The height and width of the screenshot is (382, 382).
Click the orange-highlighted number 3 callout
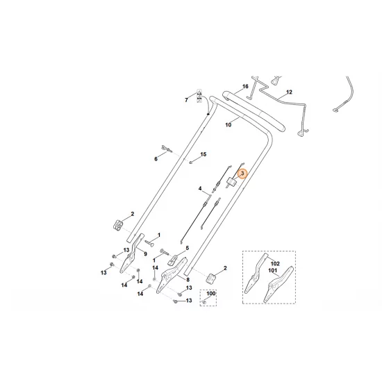[x=242, y=174]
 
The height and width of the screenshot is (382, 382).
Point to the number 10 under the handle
[x=229, y=126]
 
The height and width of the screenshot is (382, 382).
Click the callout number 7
[x=186, y=100]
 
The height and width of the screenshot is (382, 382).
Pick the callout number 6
[x=156, y=159]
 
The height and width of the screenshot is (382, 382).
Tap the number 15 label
[x=204, y=154]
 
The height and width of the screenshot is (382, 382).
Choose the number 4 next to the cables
[x=200, y=189]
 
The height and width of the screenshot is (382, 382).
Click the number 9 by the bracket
[x=145, y=255]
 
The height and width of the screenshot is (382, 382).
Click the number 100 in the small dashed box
[x=211, y=294]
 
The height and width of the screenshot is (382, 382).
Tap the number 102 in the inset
[x=274, y=264]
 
